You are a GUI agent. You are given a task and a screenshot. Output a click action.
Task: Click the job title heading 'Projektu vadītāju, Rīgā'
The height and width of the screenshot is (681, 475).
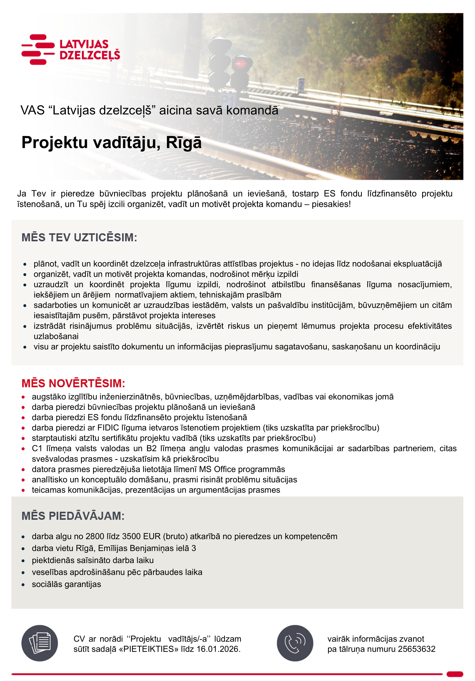point(112,142)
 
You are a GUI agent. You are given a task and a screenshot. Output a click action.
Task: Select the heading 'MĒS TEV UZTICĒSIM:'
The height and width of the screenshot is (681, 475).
point(79,238)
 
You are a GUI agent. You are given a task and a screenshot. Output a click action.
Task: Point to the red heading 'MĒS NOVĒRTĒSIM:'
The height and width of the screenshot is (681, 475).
point(73,383)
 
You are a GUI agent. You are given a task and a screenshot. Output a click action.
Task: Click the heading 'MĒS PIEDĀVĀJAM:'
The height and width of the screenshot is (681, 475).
point(73,516)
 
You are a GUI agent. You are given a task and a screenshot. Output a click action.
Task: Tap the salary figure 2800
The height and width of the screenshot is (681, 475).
point(95,536)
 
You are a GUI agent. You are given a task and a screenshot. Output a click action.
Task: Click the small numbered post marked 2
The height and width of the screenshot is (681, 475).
point(301,85)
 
